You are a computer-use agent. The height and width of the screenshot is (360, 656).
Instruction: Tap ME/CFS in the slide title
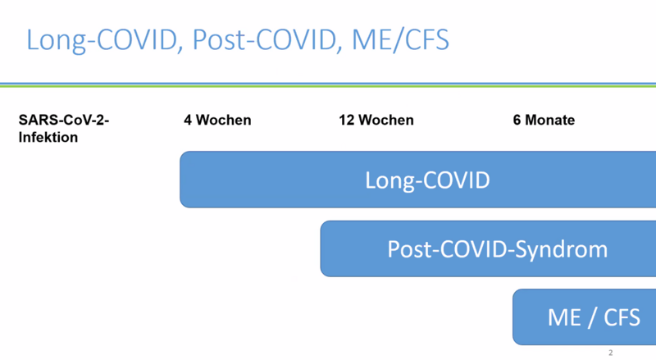point(400,40)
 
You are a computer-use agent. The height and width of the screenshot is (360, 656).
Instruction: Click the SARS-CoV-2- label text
point(64,121)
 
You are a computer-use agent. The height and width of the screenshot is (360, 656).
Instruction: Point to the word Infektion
point(48,137)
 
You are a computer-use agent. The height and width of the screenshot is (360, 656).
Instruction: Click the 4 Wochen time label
point(217,121)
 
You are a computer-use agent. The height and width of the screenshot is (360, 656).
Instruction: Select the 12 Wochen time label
point(376,121)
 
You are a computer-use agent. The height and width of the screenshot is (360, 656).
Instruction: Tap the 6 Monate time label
point(544,121)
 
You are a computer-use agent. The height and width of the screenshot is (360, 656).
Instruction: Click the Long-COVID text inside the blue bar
point(427,180)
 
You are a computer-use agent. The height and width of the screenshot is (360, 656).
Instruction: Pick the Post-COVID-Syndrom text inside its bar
point(498,249)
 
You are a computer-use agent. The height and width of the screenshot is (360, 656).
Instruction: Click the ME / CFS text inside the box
point(594,317)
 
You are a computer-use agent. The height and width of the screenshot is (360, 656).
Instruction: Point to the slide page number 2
point(611,353)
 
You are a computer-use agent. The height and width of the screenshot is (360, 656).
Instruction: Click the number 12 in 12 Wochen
point(347,121)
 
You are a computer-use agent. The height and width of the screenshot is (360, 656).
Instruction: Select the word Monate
point(549,121)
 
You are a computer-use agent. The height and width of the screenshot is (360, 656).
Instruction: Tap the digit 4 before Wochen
point(188,121)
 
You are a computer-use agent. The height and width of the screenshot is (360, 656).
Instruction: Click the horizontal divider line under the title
point(328,85)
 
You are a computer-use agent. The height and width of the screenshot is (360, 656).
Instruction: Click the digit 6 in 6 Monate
point(517,121)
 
